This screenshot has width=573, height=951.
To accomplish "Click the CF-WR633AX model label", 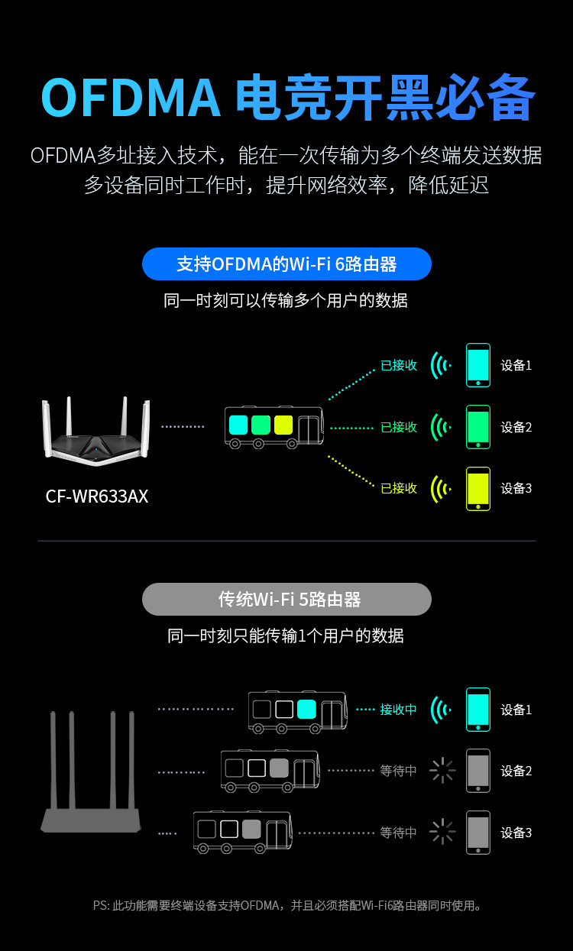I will tap(97, 497).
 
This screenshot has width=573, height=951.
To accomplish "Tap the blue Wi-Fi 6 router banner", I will tap(286, 264).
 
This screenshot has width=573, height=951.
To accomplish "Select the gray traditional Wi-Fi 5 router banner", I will tap(286, 600).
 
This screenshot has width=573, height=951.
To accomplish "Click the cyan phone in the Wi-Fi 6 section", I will tap(478, 365).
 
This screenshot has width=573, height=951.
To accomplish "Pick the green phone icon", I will tap(478, 427).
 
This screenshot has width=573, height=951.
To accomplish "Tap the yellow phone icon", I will tap(478, 488).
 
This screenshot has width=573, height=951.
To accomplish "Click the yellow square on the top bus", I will tap(283, 425).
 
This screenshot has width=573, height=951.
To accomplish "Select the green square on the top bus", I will tap(261, 425).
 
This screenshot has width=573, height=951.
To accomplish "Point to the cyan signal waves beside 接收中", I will tap(440, 710).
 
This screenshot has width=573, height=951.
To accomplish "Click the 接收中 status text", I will tap(398, 710).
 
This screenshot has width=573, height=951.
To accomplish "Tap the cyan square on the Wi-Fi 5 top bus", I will tap(307, 709).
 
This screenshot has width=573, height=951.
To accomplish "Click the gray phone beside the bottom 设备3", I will tap(478, 832).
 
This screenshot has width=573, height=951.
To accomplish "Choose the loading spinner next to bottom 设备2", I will tap(442, 771).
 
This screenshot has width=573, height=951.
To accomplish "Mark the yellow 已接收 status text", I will tap(399, 488).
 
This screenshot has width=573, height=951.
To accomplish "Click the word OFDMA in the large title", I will tap(131, 98).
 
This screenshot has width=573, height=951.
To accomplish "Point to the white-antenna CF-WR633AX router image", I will tap(95, 432).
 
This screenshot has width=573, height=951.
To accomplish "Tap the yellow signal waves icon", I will tap(440, 488).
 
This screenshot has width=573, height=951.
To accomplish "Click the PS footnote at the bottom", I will tap(286, 906).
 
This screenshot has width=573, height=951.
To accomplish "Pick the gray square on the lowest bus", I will tap(251, 829).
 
